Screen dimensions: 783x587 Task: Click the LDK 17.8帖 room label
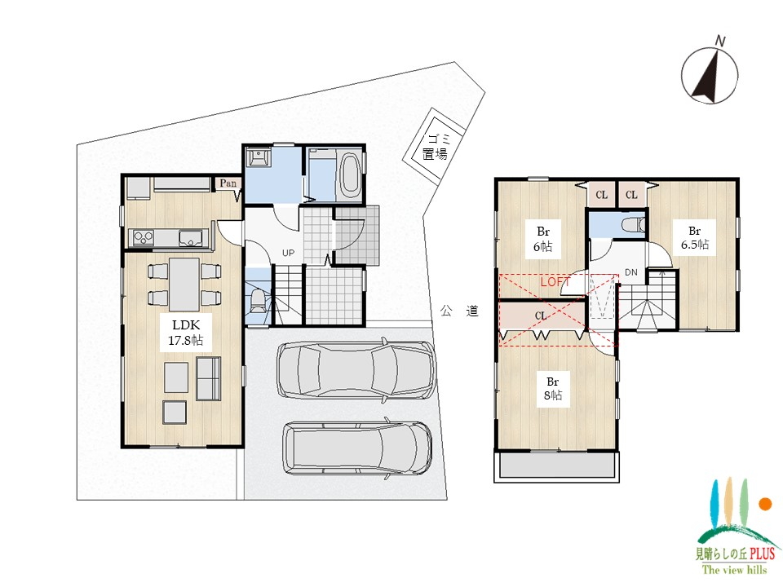coord(186,333)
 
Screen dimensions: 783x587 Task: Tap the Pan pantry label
coord(228,183)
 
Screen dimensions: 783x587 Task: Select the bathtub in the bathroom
coord(350,174)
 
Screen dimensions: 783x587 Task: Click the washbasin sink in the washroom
coord(259,157)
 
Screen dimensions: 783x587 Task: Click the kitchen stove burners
coord(143,237)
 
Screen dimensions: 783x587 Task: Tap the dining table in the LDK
coord(184,285)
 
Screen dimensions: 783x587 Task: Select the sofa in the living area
coord(209,378)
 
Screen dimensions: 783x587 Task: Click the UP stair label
coord(288,253)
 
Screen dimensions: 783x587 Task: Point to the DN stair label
coord(631,272)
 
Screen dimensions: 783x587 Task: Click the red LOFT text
coord(555,282)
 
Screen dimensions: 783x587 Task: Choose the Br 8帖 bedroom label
coord(553,389)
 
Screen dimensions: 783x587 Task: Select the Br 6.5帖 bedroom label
coord(695,237)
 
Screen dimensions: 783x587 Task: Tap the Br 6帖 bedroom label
coord(543,239)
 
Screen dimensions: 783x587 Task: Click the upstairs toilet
coord(635,224)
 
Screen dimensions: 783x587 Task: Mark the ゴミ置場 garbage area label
coord(436,147)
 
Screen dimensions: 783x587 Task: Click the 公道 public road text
coord(459,311)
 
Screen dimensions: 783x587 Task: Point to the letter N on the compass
coord(720,41)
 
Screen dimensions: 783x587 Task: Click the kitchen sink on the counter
coord(191,238)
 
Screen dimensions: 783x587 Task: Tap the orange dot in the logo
coord(765,504)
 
